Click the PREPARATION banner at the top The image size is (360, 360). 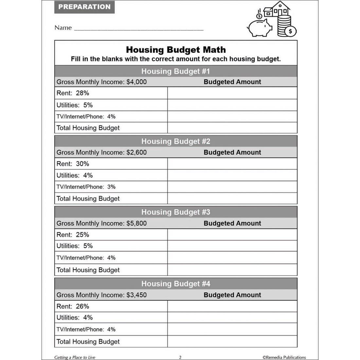84,7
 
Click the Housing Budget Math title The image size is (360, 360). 176,50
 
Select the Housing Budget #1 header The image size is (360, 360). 176,71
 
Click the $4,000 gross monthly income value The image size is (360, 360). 136,82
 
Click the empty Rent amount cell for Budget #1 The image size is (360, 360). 232,93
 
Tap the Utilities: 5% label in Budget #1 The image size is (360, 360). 75,105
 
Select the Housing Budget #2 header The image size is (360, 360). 176,141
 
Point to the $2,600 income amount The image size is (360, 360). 136,153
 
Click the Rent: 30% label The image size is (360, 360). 73,164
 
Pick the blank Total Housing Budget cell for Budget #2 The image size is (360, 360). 232,198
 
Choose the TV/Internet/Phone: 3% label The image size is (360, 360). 86,187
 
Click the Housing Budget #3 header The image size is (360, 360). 176,212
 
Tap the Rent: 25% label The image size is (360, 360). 73,235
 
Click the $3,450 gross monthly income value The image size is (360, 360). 136,295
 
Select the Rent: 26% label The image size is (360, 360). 73,306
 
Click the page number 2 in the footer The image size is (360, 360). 180,357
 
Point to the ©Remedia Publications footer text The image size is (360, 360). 284,357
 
